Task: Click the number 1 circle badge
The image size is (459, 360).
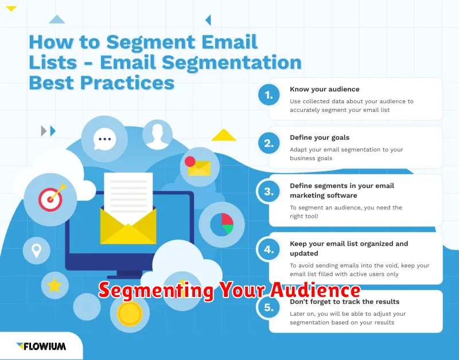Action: click(x=269, y=95)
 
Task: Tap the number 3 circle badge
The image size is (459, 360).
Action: click(x=269, y=191)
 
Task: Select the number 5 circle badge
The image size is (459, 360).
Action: click(x=269, y=307)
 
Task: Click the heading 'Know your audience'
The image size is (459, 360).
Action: click(x=324, y=89)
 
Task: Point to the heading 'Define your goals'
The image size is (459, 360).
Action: click(x=320, y=138)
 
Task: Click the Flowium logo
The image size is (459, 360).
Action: click(x=41, y=346)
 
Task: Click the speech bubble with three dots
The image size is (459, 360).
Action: click(x=104, y=139)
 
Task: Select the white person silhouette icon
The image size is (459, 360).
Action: click(x=157, y=136)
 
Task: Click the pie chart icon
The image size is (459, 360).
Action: click(x=221, y=225)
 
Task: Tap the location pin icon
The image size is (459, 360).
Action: click(x=37, y=251)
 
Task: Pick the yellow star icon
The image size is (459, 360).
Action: click(x=55, y=285)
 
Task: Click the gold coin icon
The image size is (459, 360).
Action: click(x=130, y=314)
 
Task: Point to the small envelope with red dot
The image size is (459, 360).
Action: click(x=198, y=166)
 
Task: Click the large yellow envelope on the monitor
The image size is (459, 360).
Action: click(x=128, y=225)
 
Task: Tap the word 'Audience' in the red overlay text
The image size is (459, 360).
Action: click(x=315, y=290)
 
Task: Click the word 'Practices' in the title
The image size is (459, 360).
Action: click(x=127, y=83)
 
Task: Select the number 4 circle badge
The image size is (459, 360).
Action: click(x=269, y=249)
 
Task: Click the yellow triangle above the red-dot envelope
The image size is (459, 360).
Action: click(x=224, y=135)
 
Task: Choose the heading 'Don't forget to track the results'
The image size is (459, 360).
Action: click(x=345, y=302)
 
